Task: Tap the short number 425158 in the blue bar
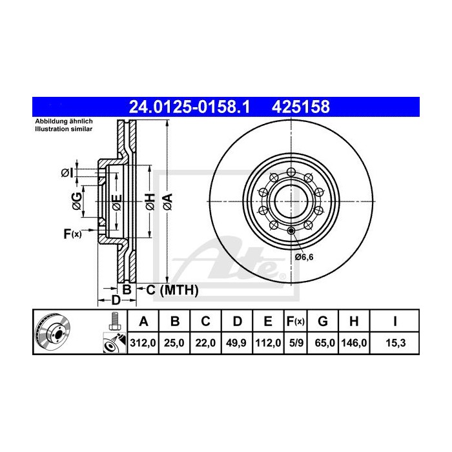click(x=303, y=105)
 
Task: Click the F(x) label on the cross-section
click(x=72, y=234)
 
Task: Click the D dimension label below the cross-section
click(x=116, y=300)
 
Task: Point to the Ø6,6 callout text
click(x=304, y=257)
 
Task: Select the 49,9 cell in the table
click(x=238, y=343)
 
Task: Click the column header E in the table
click(x=268, y=321)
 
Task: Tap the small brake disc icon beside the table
click(x=51, y=332)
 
